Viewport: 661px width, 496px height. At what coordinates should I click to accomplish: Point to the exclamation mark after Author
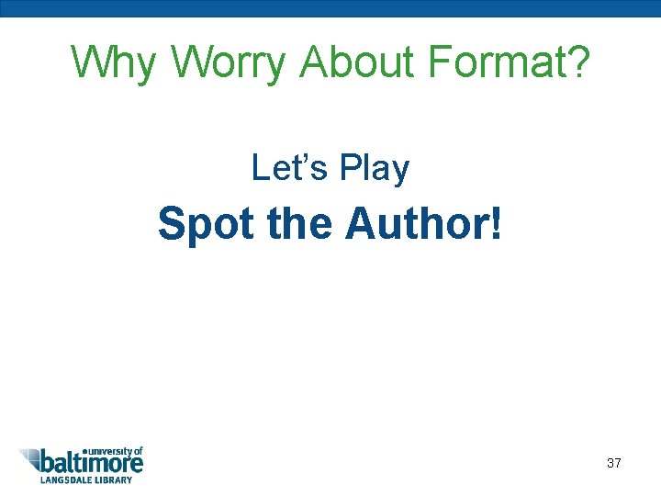497,223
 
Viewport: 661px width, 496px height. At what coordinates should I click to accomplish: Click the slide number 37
614,463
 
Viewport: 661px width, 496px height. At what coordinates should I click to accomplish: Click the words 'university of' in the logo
114,451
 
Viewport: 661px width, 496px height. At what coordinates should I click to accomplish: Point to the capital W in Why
90,62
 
